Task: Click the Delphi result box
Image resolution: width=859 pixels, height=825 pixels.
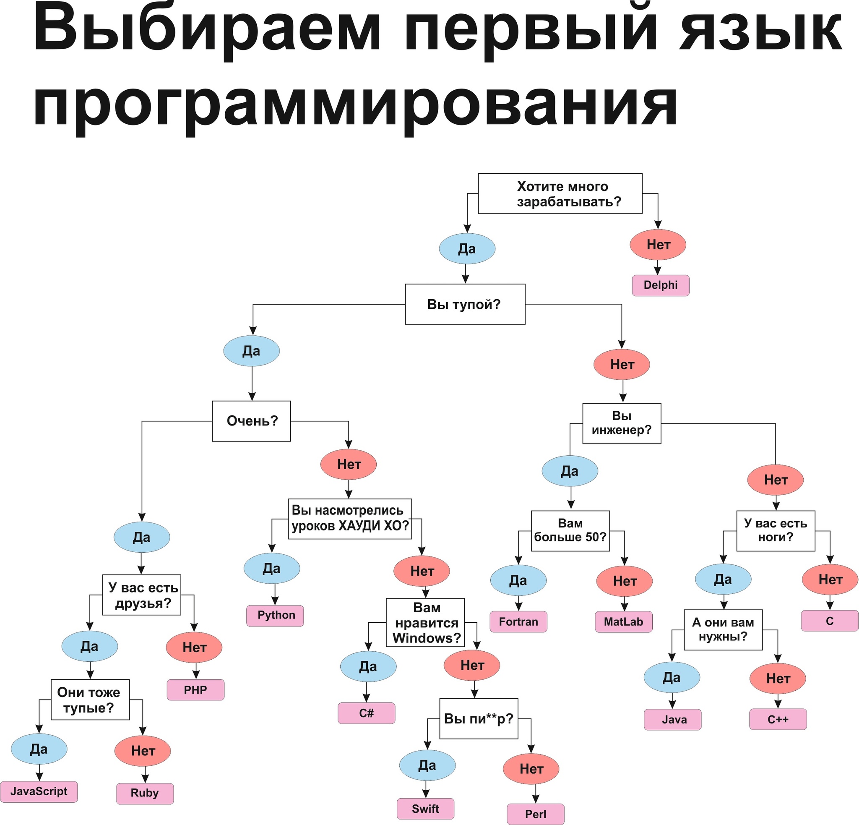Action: click(x=660, y=285)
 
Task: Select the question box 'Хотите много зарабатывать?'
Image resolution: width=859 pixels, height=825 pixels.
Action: click(x=560, y=193)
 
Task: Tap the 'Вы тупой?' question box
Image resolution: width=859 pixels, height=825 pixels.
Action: click(x=465, y=304)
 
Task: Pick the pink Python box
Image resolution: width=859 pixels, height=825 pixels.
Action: click(x=275, y=616)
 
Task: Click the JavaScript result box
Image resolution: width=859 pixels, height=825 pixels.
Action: click(x=39, y=791)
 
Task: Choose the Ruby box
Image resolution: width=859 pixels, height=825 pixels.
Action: click(x=145, y=793)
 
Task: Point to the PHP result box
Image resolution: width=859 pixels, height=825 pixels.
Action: click(x=195, y=690)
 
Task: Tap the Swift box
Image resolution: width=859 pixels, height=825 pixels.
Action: click(x=425, y=808)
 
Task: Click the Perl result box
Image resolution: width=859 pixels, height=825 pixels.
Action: click(x=535, y=814)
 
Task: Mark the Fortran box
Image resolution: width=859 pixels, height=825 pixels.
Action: click(x=518, y=621)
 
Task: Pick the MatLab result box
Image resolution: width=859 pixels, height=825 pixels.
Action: click(x=623, y=621)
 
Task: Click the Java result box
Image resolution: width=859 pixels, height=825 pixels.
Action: click(x=672, y=719)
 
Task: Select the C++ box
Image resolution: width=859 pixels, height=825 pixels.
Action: click(x=778, y=719)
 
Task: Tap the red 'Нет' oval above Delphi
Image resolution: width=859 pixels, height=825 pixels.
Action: click(x=657, y=245)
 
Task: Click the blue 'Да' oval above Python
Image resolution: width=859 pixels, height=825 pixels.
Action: click(x=271, y=569)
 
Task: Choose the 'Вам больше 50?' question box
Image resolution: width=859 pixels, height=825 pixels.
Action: click(x=570, y=530)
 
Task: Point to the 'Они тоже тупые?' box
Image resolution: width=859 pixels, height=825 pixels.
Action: click(x=90, y=700)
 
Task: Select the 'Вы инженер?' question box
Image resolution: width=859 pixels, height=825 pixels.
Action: click(x=621, y=423)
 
